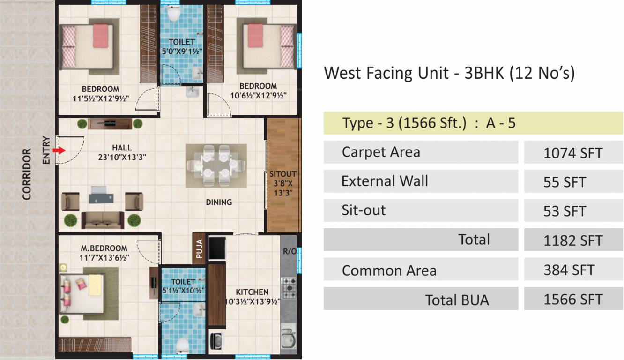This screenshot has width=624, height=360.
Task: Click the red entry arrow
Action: [59, 150]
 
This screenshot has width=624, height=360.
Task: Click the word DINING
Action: [219, 202]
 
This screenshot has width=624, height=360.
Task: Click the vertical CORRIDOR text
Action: [27, 174]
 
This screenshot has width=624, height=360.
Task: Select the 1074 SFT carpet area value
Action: [572, 153]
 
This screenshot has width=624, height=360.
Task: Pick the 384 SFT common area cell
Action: [569, 270]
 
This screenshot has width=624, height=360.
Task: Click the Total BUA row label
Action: [456, 300]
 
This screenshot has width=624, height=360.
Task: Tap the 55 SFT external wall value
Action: [565, 182]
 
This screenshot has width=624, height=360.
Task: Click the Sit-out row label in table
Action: [364, 210]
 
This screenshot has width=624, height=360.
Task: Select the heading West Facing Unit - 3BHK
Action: [449, 73]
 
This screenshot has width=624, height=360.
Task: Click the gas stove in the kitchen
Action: [288, 285]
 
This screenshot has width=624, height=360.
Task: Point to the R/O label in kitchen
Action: [290, 251]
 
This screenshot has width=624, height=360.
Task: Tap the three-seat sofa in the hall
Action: [103, 219]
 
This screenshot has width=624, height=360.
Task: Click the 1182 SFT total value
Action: [572, 241]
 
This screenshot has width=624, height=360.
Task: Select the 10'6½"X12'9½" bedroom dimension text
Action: [258, 96]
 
